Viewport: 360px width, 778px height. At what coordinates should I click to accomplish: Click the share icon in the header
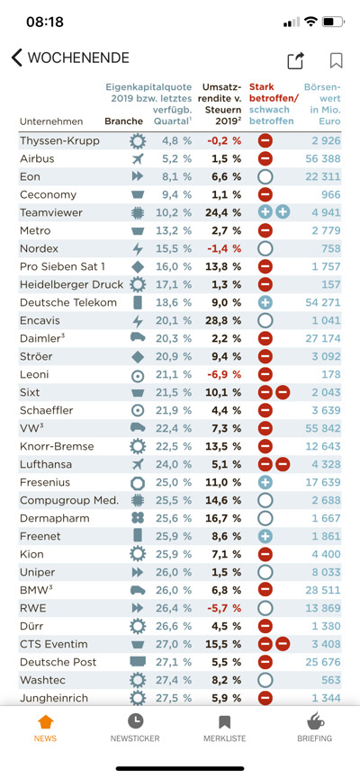coord(295,60)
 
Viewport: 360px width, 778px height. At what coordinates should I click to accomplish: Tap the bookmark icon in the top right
coord(336,60)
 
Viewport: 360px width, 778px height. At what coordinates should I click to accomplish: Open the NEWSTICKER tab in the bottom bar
coord(135,728)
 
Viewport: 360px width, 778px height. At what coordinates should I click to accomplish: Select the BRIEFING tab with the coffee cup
coord(315,728)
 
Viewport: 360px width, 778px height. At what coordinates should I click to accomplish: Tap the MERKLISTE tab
coord(225,728)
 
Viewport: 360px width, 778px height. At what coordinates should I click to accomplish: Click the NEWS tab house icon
coord(45,722)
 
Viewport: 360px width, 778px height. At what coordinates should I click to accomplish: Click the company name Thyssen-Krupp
coord(59,140)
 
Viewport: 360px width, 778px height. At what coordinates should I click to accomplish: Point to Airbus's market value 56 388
coord(321,158)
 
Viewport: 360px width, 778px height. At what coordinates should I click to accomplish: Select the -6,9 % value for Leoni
coord(223,374)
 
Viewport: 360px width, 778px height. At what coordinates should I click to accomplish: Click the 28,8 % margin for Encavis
coord(221,320)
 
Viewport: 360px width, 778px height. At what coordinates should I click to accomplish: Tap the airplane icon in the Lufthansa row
coord(138,464)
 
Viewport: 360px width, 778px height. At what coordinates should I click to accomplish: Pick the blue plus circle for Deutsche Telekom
coord(265,302)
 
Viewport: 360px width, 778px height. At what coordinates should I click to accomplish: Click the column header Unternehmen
coord(50,121)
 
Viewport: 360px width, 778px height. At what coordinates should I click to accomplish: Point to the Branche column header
coord(123,121)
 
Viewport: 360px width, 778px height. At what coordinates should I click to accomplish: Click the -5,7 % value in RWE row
coord(223,608)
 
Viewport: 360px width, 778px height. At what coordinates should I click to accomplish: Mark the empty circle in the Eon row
coord(265,176)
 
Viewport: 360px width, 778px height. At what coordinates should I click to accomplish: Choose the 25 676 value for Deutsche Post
coord(321,662)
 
